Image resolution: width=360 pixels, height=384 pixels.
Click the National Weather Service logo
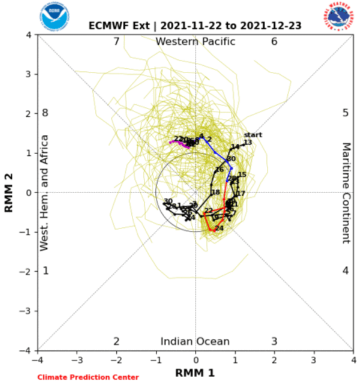(x=339, y=17)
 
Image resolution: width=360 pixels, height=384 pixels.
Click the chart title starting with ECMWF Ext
(x=195, y=26)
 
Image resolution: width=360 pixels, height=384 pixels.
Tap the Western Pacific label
(x=195, y=41)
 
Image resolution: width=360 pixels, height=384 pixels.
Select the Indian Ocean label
(x=195, y=341)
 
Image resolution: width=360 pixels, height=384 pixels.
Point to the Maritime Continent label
(x=346, y=193)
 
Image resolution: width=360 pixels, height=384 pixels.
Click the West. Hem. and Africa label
(x=44, y=193)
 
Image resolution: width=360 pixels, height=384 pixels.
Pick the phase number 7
(x=116, y=41)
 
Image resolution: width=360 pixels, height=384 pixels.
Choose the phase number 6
(x=274, y=41)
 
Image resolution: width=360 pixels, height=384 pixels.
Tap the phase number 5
(x=346, y=113)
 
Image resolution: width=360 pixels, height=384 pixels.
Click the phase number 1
(x=46, y=271)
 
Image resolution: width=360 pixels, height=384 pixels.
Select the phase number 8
(x=44, y=113)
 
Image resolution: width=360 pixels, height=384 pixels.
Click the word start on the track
(x=253, y=134)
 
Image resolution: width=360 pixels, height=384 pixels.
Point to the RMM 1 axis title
(x=195, y=373)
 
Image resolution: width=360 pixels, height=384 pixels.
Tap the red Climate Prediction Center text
(x=88, y=377)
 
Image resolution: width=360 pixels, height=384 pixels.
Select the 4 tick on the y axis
(x=30, y=35)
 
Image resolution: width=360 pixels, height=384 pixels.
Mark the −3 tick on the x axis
(x=77, y=359)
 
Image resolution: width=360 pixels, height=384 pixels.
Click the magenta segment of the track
(x=176, y=142)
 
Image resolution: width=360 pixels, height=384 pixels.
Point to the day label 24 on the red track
(x=219, y=229)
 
